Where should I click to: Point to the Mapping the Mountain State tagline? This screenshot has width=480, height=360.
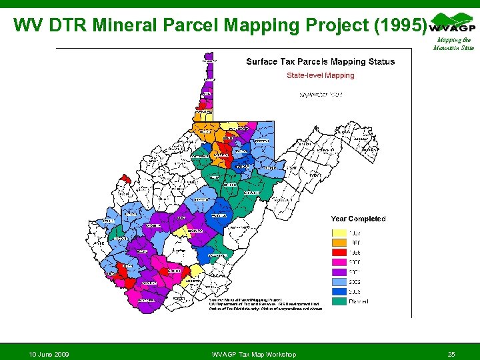click(453, 44)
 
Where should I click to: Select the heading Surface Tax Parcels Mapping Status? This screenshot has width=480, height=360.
click(320, 62)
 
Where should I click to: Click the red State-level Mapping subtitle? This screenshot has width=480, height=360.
click(320, 75)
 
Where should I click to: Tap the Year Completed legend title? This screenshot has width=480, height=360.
click(358, 219)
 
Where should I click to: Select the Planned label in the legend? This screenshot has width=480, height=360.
click(359, 301)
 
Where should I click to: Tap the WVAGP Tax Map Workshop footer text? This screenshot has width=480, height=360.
click(253, 354)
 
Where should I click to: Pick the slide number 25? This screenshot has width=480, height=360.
click(451, 354)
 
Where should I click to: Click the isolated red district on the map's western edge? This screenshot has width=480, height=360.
click(124, 179)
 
